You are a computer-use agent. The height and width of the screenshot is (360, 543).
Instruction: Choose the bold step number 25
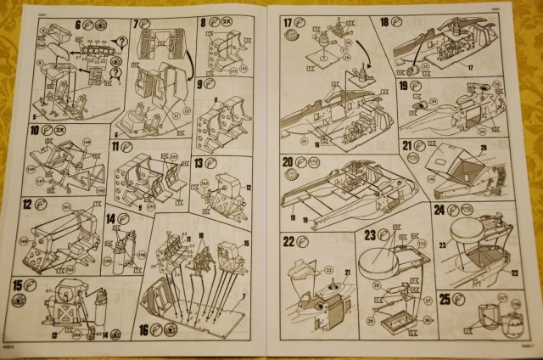tap(446, 297)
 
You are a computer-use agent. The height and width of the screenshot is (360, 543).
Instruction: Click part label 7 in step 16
tap(243, 295)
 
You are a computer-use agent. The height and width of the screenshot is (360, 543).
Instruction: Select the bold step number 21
tap(407, 146)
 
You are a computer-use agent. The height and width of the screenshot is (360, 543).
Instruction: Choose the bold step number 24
tap(439, 208)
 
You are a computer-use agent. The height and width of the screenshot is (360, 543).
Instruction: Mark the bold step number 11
tap(116, 147)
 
